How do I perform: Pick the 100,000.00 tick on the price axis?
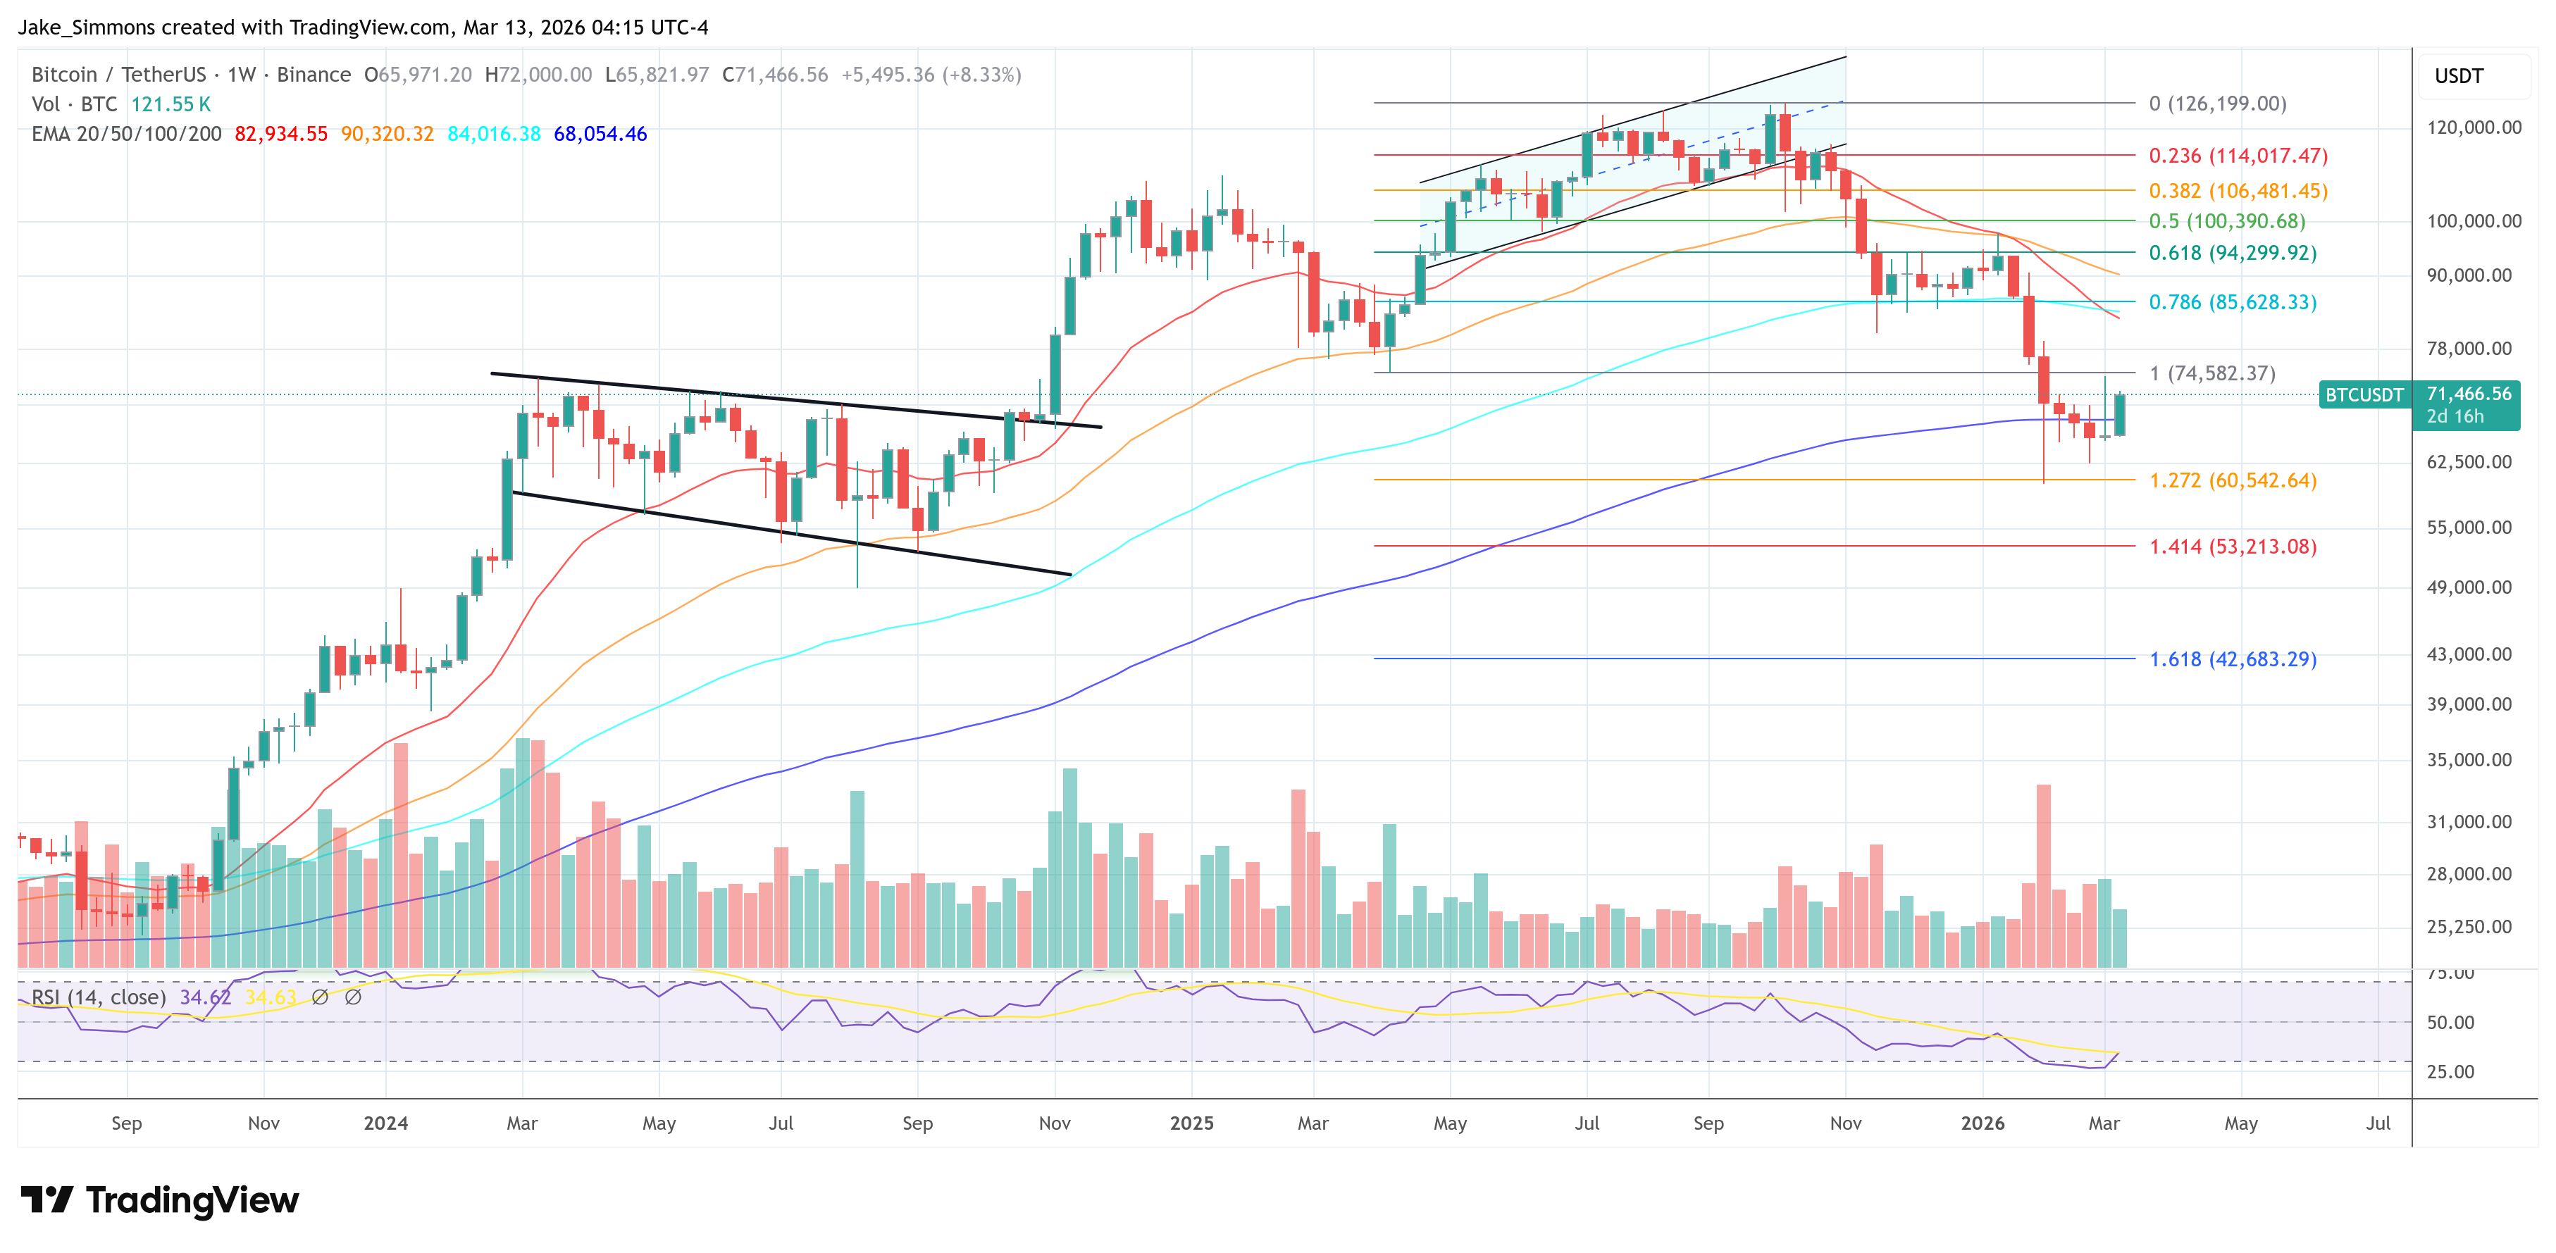(2473, 221)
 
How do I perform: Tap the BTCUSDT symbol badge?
(2364, 395)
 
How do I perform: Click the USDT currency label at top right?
(2458, 76)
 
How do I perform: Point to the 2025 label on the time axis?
(1191, 1123)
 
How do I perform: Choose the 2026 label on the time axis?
(1982, 1123)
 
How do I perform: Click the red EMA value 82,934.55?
(281, 134)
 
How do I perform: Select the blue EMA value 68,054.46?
(600, 134)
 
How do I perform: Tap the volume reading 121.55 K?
(170, 104)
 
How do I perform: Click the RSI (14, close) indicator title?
(98, 997)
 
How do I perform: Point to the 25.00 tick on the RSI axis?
(2450, 1071)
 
